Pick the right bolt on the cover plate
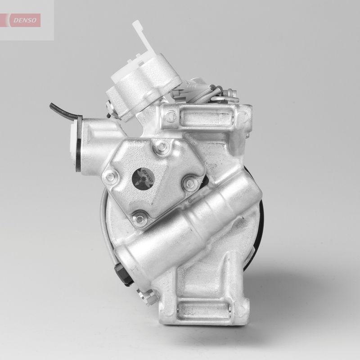pos(189,183)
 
